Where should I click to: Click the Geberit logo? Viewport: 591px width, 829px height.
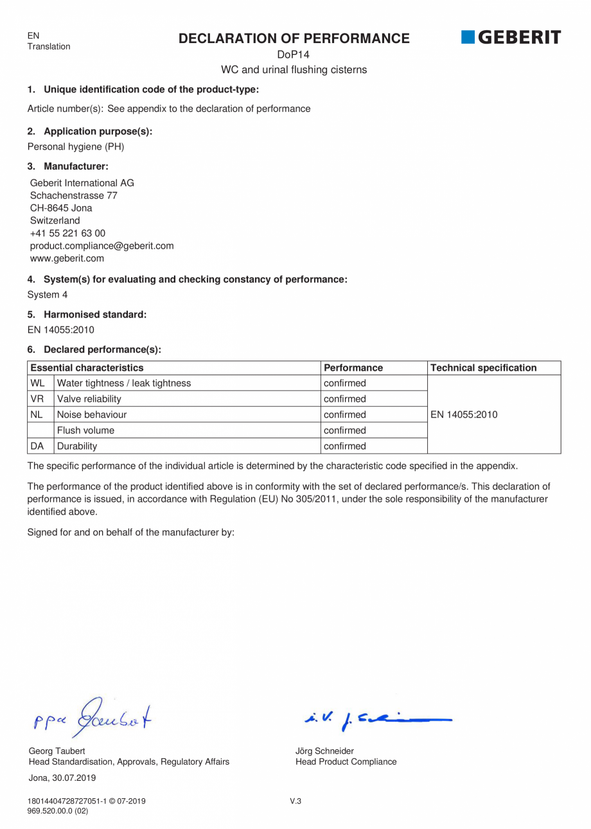511,38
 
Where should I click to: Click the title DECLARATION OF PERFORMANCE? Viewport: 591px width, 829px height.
294,39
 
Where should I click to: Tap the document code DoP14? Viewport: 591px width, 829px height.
294,55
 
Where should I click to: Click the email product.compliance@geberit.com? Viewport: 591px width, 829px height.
101,245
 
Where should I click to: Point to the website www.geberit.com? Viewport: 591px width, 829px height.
67,258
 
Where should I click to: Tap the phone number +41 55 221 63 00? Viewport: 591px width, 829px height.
67,233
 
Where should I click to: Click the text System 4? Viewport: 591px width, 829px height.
47,294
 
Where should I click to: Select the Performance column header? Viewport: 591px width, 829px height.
353,368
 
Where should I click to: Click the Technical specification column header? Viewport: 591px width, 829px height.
483,368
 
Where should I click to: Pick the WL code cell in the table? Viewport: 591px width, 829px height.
37,384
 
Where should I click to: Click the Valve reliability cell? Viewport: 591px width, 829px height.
89,399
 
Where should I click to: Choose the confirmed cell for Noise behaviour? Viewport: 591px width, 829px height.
345,415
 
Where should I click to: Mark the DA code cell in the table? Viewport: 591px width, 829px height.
37,446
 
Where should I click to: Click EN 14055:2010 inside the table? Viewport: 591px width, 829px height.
464,415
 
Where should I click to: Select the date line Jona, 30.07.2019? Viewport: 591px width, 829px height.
62,778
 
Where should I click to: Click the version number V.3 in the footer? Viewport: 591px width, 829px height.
295,801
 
